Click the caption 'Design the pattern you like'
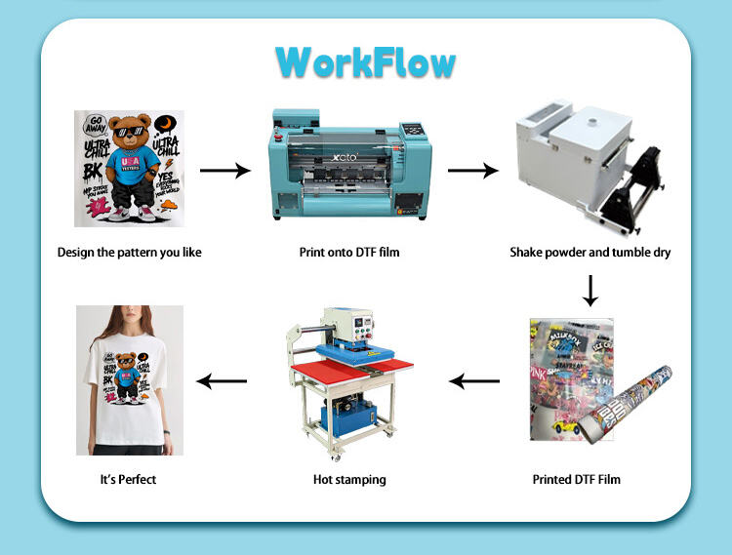point(130,253)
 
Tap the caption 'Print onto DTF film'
point(349,253)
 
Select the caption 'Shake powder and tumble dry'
point(590,253)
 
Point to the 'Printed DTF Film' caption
point(576,479)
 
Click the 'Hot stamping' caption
point(349,479)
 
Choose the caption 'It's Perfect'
point(128,479)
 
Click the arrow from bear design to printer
point(224,171)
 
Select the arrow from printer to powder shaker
point(472,171)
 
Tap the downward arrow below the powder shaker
point(590,290)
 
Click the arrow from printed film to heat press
point(472,380)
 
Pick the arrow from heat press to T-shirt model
point(223,380)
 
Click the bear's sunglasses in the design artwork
point(129,132)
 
